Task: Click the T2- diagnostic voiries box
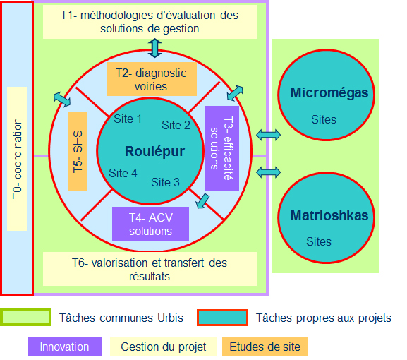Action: [152, 79]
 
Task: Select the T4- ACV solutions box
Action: [150, 224]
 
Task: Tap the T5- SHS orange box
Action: [78, 152]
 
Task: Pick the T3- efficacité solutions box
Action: [222, 148]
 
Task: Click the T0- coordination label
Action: [17, 159]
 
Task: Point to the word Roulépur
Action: [154, 152]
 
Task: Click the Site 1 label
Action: [128, 119]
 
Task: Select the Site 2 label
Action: [176, 125]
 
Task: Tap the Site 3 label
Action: [165, 182]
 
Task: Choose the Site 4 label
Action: [123, 173]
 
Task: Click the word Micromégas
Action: [329, 93]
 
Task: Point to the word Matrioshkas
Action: [329, 215]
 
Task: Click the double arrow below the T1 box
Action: [154, 48]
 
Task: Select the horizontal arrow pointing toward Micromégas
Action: [268, 135]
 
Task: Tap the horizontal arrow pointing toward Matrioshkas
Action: [268, 172]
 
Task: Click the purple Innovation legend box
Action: [65, 347]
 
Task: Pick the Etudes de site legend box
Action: [265, 347]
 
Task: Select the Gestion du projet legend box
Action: [163, 347]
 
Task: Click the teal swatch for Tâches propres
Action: [222, 318]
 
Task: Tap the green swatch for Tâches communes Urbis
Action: [25, 318]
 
